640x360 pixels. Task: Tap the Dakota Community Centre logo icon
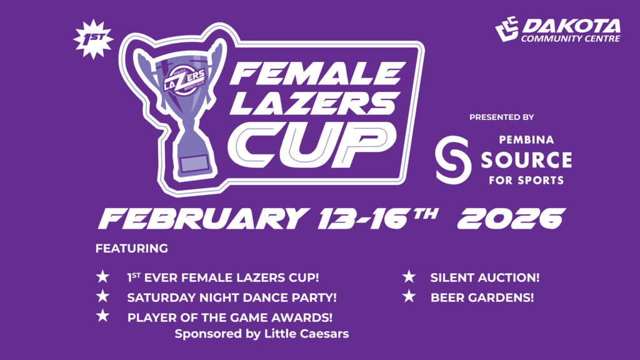tap(507, 28)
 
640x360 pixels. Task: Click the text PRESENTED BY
tap(501, 117)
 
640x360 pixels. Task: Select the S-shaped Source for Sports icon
tap(453, 159)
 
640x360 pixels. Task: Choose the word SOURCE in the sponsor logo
tap(526, 160)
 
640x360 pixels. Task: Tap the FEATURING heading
tap(132, 249)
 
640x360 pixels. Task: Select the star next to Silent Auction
tap(409, 276)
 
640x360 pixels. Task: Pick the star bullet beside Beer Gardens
tap(409, 297)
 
